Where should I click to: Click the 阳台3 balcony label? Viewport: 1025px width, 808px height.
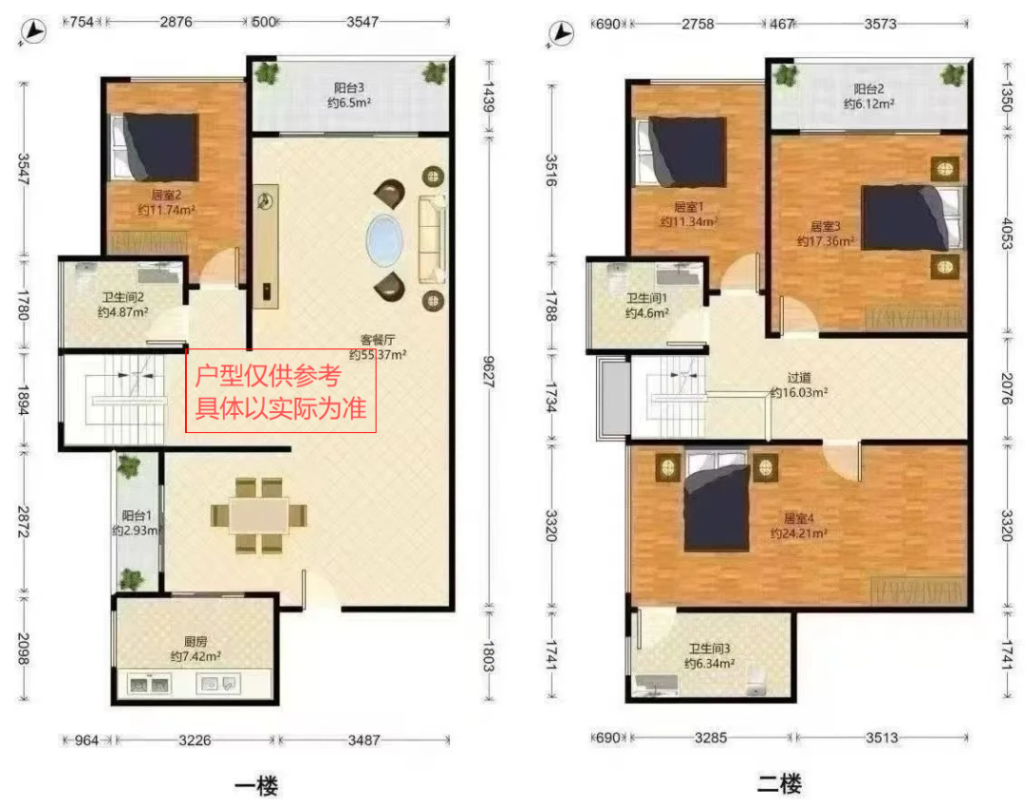click(x=349, y=87)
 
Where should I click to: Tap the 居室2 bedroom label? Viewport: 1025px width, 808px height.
click(x=166, y=195)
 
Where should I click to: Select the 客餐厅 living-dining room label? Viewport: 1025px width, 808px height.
click(x=377, y=340)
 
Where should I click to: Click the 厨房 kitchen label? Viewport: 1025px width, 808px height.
click(x=196, y=641)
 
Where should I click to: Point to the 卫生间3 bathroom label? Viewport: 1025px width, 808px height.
click(x=709, y=648)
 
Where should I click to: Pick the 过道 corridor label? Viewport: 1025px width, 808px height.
click(x=799, y=377)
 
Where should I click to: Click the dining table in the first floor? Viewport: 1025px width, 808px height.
click(x=259, y=516)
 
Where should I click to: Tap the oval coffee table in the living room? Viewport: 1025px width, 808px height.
click(x=384, y=240)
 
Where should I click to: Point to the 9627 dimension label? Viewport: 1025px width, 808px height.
click(x=489, y=371)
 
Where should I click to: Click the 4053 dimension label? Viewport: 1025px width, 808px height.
click(x=1007, y=234)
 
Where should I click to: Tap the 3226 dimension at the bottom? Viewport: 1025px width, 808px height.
click(x=195, y=740)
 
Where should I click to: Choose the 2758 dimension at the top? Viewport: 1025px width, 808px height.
click(x=698, y=24)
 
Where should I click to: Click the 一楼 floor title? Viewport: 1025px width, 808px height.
click(x=256, y=785)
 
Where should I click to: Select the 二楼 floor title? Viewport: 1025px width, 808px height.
click(x=779, y=783)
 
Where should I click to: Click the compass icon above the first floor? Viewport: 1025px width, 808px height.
click(x=33, y=31)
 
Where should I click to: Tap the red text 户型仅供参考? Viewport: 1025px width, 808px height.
click(x=268, y=376)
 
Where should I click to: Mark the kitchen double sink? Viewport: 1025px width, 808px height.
click(x=150, y=685)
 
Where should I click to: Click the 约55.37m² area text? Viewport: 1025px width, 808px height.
click(x=377, y=355)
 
